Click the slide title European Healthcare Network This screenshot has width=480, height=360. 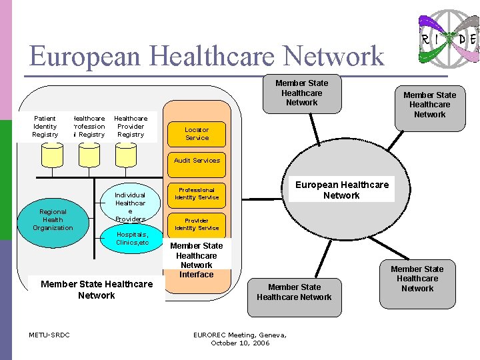point(207,56)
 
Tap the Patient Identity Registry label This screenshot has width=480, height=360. point(45,126)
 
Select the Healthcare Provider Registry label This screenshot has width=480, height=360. point(131,126)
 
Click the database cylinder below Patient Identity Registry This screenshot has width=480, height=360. point(51,155)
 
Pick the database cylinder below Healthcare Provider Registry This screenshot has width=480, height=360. point(125,155)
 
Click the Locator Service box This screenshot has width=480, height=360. point(197,134)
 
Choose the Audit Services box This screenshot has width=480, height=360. point(197,161)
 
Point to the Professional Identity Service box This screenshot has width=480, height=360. point(197,193)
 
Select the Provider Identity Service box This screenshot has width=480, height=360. point(197,224)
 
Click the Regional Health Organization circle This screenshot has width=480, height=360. point(53,219)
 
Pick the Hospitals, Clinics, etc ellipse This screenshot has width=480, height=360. point(132,239)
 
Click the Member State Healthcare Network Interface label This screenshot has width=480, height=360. point(197,260)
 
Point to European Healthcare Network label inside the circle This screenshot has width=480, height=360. point(341,190)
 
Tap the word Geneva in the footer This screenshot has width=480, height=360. point(268,335)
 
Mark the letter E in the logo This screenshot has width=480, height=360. point(473,39)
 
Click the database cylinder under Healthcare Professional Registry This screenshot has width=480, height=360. point(88,155)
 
